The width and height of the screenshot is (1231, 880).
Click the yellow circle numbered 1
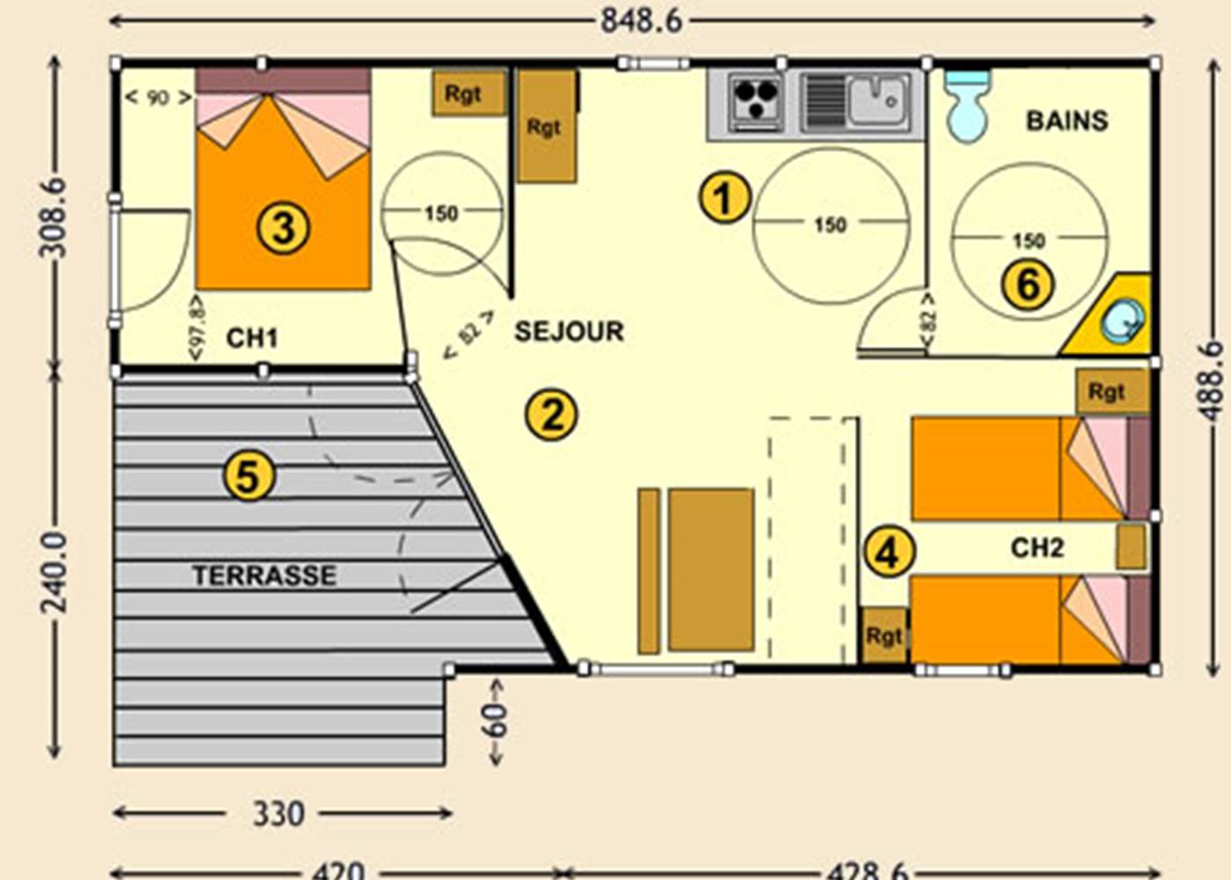coord(725,197)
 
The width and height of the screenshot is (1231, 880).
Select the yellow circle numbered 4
coord(889,552)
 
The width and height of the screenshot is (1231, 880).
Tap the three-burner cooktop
coord(754,102)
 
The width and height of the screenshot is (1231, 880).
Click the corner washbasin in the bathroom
coord(1122,320)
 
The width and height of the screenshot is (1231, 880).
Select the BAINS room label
coord(1067,121)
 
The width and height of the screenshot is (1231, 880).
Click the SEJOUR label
coord(569,331)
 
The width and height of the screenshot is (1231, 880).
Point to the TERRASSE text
coord(264,576)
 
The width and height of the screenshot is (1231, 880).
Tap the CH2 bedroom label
coord(1037,547)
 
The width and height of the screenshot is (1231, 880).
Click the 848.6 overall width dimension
coord(641,20)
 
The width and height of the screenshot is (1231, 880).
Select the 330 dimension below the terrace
coord(278,814)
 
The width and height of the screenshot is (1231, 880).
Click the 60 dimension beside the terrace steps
coord(495,722)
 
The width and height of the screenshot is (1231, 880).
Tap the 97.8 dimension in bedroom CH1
coord(196,326)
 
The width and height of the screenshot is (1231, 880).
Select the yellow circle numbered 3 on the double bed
coord(283,228)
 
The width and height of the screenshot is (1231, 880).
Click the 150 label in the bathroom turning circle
coord(1028,239)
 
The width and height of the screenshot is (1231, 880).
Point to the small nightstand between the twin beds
coord(1132,546)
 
